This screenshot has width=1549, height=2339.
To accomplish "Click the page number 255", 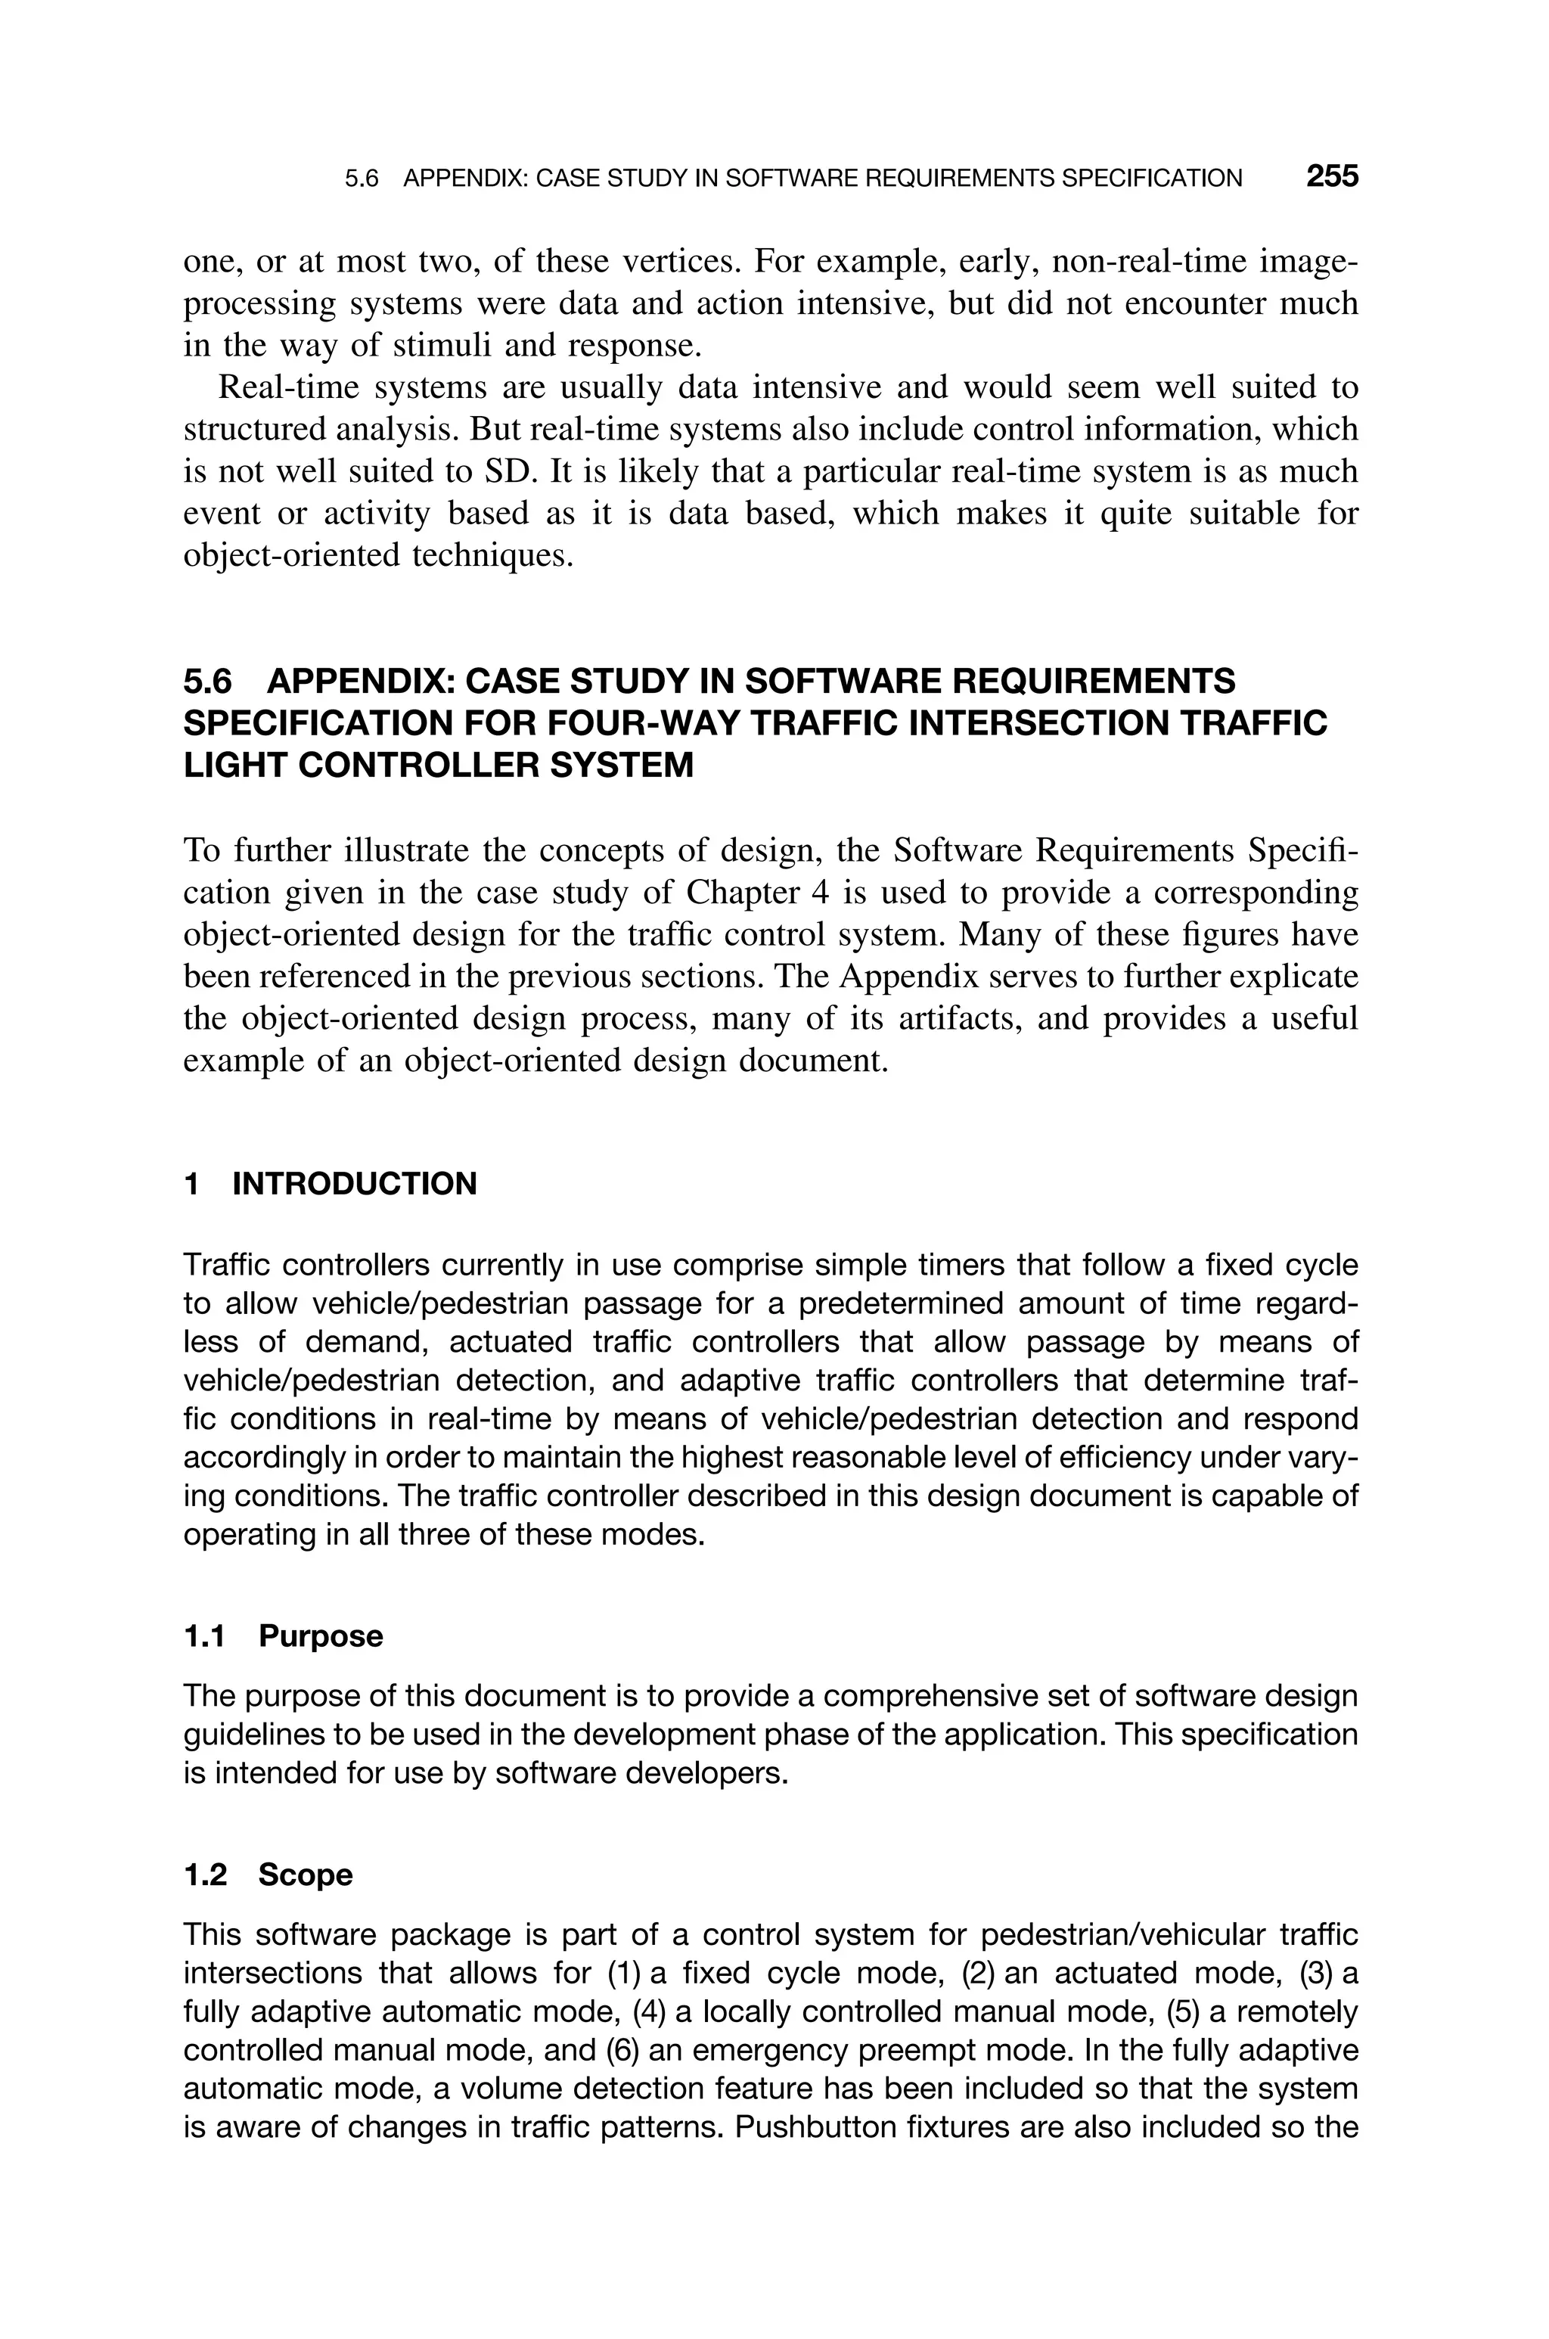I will (1332, 177).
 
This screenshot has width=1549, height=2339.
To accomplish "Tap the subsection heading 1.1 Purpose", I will (284, 1635).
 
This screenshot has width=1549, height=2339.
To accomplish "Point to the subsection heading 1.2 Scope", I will (268, 1875).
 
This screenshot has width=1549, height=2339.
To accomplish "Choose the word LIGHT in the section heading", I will (235, 765).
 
